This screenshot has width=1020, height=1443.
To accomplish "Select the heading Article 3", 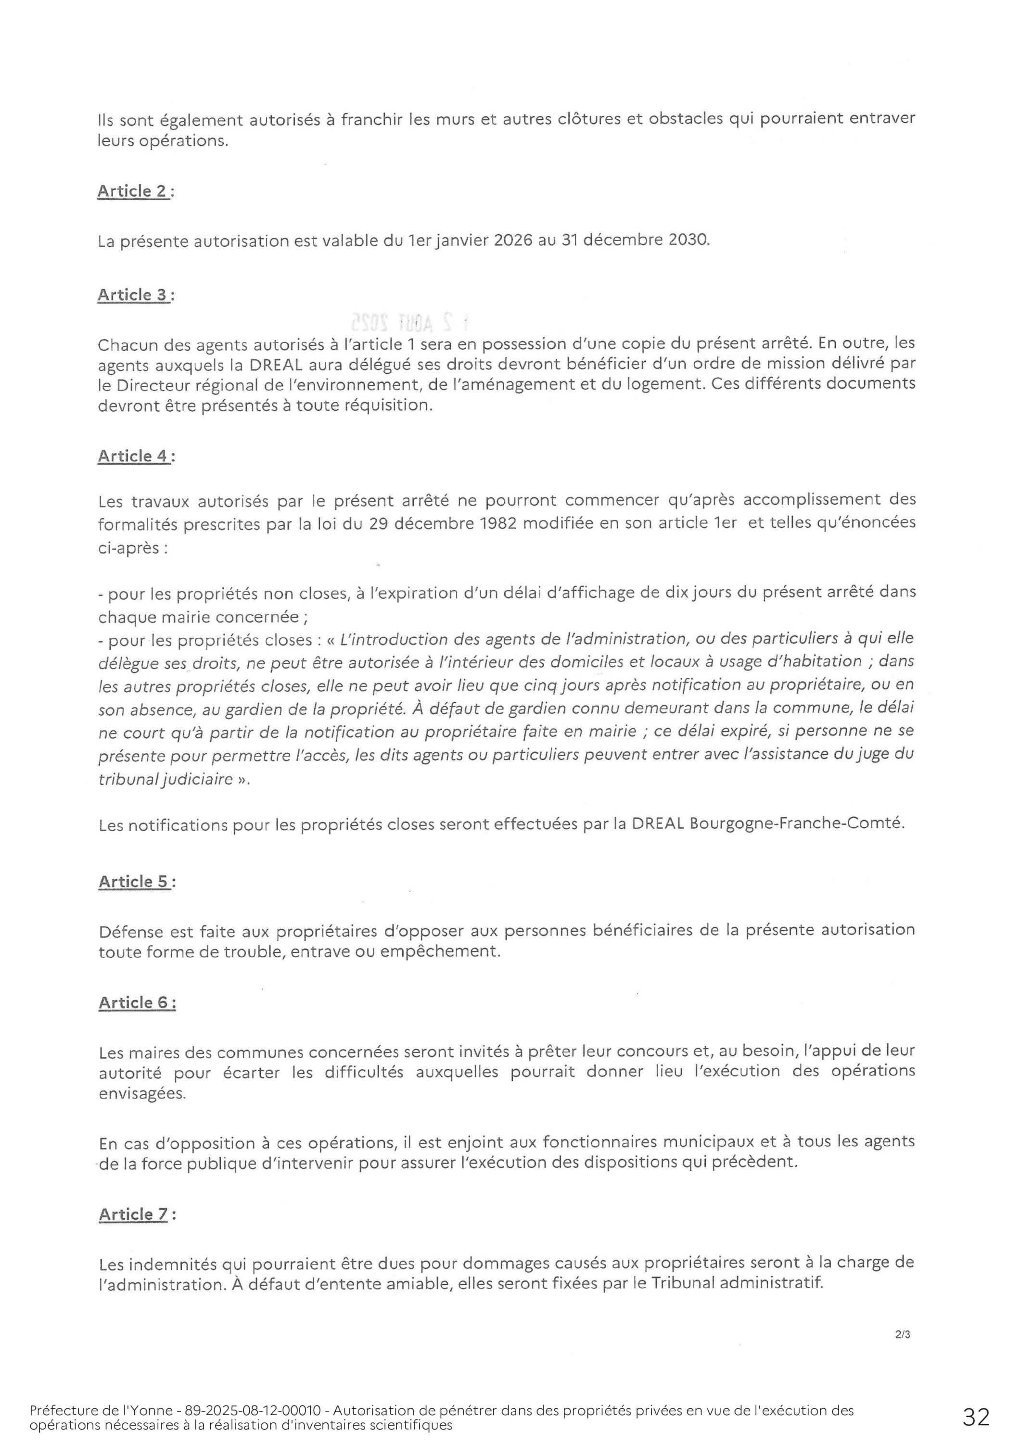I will pos(133,295).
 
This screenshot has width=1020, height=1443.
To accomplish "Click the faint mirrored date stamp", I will pos(408,322).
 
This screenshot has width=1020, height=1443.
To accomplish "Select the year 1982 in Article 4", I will pos(498,523).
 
